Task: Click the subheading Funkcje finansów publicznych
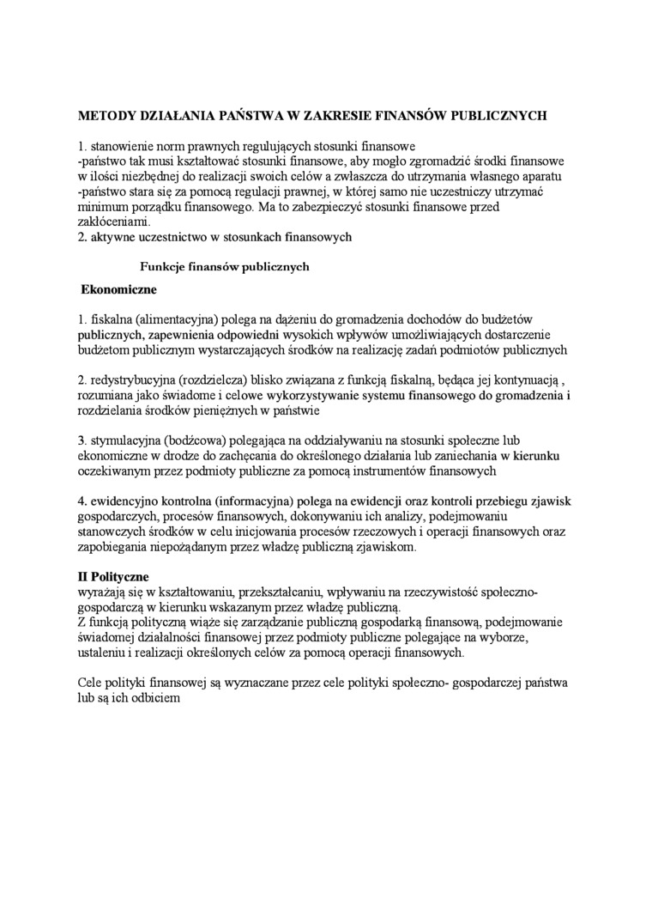pos(225,266)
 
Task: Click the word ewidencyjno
pos(124,501)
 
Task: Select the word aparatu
pos(541,176)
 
